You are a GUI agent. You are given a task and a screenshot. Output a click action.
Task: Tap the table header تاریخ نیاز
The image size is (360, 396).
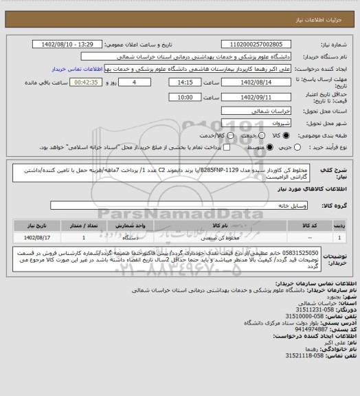[x=34, y=224]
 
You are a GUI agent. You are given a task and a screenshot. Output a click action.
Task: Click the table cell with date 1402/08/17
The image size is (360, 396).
[x=34, y=236]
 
